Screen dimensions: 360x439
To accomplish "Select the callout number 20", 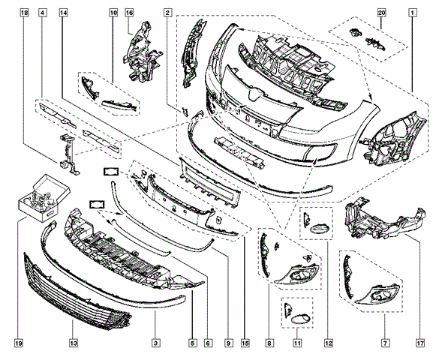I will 381,13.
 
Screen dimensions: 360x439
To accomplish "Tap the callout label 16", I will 129,13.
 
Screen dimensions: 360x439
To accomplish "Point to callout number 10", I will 113,13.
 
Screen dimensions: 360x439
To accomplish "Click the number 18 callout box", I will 26,13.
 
